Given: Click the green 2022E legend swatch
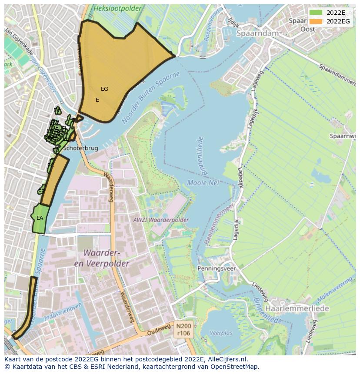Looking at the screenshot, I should pos(317,13).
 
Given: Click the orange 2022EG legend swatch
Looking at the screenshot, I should pos(317,21).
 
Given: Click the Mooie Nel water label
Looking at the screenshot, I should pos(203,183).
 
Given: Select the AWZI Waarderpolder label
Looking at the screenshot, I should pos(161,220).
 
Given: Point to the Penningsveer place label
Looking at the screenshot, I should pos(217,268).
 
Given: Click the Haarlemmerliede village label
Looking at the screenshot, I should pos(297,308).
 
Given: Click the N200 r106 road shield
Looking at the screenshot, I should pos(183,329).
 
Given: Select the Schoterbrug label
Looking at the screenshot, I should pos(80,148).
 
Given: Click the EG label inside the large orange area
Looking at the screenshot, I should pos(104,89).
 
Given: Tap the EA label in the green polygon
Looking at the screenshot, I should pos(40,218).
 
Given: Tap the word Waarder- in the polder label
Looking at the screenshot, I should pos(101,253).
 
